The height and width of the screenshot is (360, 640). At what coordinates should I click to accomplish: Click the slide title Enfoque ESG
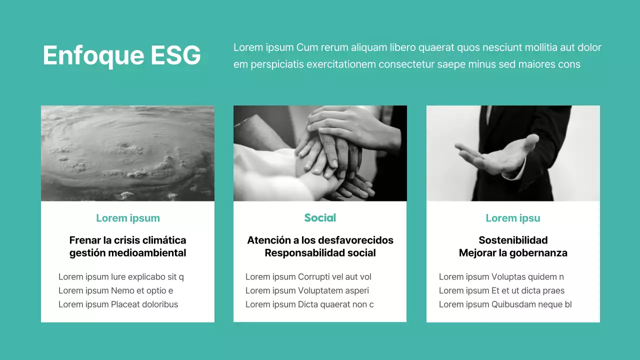(121, 55)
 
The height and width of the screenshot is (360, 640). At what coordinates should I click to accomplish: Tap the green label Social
(320, 218)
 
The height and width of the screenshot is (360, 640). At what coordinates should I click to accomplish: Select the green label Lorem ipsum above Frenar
(128, 218)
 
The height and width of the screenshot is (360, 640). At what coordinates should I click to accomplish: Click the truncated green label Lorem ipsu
(513, 218)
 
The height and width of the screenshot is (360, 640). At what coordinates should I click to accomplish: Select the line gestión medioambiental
(128, 253)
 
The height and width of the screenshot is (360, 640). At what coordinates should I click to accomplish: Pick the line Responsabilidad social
(320, 253)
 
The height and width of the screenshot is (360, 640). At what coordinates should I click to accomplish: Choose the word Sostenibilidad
(513, 240)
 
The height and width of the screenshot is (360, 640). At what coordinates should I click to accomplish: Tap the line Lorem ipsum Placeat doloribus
(118, 304)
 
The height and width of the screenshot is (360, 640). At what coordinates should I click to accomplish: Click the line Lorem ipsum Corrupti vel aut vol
(308, 277)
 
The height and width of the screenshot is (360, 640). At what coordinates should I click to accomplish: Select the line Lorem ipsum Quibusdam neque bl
(505, 304)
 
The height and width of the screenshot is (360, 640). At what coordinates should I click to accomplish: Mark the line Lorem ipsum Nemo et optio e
(116, 290)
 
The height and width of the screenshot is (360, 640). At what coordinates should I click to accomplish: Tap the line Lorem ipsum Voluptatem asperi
(307, 290)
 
